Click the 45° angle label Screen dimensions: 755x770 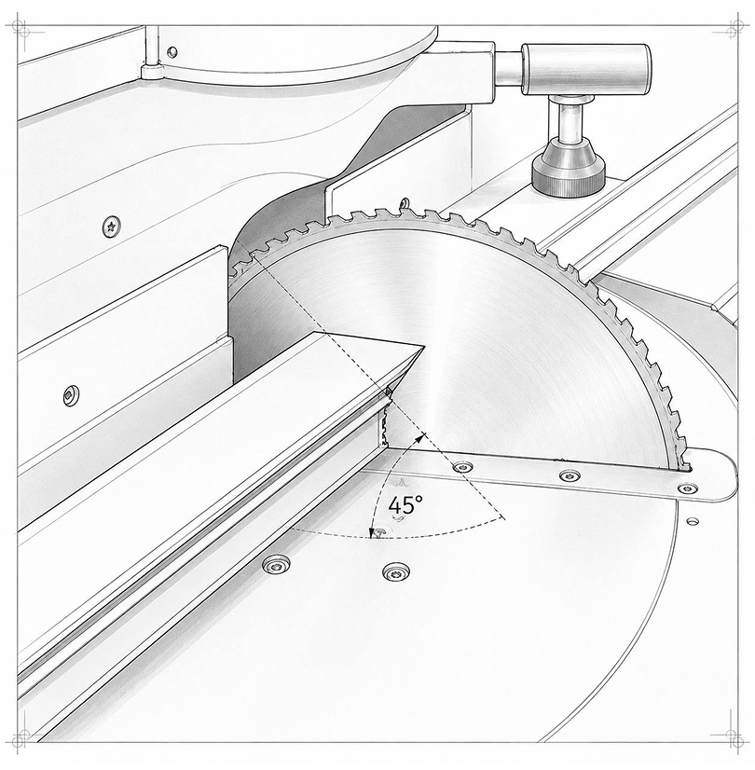pyautogui.click(x=405, y=505)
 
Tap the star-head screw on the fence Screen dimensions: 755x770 pyautogui.click(x=112, y=227)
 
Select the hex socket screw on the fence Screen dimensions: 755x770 pyautogui.click(x=71, y=395)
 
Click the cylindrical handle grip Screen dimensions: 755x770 pyautogui.click(x=586, y=69)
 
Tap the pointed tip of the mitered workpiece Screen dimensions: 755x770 pyautogui.click(x=423, y=347)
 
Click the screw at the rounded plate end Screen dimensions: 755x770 pyautogui.click(x=687, y=488)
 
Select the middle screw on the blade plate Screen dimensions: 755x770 pyautogui.click(x=570, y=475)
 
